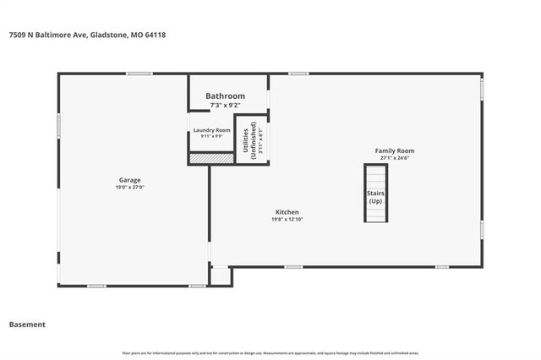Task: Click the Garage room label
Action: (x=129, y=180)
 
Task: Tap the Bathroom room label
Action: (x=226, y=95)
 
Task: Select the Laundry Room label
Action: (x=211, y=130)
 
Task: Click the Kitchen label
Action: (x=287, y=212)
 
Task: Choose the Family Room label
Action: (x=395, y=150)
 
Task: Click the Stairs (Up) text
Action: (x=375, y=199)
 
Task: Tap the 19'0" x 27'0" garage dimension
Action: (x=129, y=188)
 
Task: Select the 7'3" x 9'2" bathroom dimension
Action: (x=226, y=105)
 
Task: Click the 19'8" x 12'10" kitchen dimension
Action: (x=287, y=220)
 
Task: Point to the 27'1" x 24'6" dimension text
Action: (x=395, y=158)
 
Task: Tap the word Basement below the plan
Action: (x=27, y=325)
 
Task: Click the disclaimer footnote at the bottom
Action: (x=270, y=353)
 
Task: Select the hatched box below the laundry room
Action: (x=210, y=158)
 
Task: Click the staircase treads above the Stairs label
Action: (x=375, y=177)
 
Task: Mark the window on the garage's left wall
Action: (x=58, y=125)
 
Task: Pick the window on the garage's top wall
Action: (x=139, y=74)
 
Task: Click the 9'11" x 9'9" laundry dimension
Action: (x=211, y=136)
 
